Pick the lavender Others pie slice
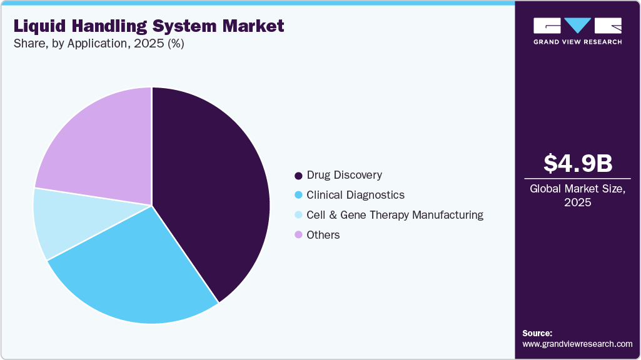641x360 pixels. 100,150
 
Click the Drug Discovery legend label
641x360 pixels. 344,175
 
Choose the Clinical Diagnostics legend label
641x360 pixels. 355,195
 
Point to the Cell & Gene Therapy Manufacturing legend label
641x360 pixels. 395,215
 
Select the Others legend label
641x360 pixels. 323,235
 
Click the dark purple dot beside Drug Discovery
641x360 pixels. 298,176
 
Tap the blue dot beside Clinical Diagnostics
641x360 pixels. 298,196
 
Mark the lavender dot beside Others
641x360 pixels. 298,235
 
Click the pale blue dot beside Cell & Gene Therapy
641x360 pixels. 298,216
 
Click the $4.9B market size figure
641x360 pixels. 577,163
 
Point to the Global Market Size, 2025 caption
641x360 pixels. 577,195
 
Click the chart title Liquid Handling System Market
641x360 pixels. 148,26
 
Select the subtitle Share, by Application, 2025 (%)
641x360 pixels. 98,44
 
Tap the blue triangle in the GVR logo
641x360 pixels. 577,25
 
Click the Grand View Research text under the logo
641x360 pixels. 577,42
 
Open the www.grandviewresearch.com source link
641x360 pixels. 577,344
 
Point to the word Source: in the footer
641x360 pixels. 537,333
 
